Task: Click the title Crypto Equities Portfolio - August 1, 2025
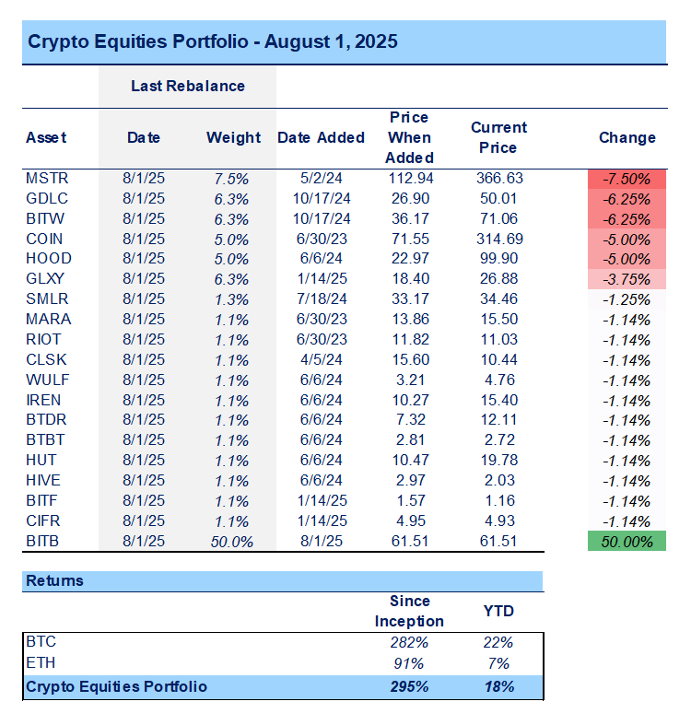click(213, 42)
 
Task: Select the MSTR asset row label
click(46, 178)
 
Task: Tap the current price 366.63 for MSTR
click(499, 178)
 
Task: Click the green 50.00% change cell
click(627, 542)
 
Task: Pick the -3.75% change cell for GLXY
click(627, 279)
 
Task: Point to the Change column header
click(627, 138)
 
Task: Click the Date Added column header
click(321, 138)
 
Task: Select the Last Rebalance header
click(187, 86)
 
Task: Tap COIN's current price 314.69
click(499, 239)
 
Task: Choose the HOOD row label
click(49, 259)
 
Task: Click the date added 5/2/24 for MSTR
click(321, 178)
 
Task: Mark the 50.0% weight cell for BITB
click(232, 542)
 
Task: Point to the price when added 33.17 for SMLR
click(409, 299)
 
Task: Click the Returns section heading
click(54, 581)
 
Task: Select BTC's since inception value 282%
click(409, 642)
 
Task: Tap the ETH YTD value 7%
click(498, 663)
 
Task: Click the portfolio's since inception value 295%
click(409, 686)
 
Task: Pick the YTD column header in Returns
click(498, 611)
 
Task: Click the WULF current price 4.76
click(499, 380)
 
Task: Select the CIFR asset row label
click(45, 521)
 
